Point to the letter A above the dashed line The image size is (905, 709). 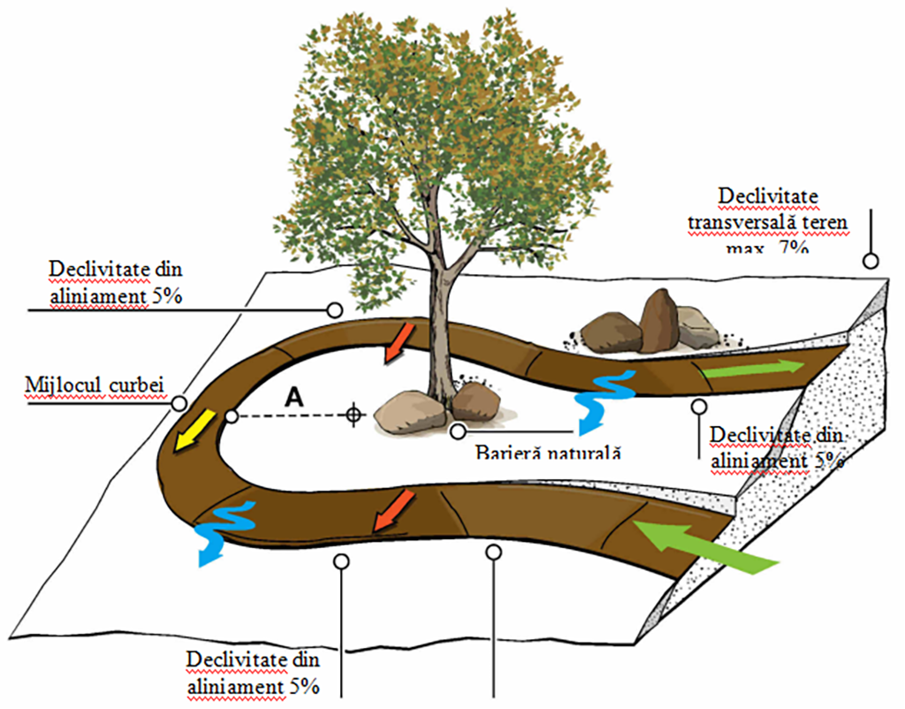(x=294, y=398)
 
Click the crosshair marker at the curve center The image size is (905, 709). (x=354, y=414)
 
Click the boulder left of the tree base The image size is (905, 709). (x=409, y=413)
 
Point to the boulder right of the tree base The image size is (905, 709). (x=476, y=401)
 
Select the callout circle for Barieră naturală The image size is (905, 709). (x=458, y=431)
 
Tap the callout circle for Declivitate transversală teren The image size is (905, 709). (x=871, y=261)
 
